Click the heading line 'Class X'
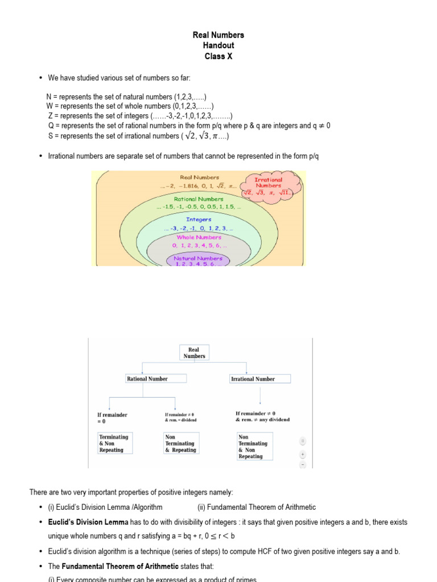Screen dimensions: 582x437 point(218,56)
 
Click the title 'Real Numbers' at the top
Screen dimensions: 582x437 point(218,35)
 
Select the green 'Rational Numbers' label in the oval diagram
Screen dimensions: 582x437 point(199,199)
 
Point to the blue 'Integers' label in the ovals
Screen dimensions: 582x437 point(199,219)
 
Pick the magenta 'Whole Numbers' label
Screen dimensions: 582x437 point(199,238)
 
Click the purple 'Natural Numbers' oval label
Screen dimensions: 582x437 point(198,259)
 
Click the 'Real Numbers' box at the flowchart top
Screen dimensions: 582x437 point(194,353)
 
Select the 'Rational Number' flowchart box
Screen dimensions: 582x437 point(147,379)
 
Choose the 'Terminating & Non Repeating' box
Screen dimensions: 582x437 point(115,443)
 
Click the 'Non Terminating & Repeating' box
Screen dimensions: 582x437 point(180,443)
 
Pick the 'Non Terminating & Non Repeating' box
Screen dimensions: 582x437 point(254,446)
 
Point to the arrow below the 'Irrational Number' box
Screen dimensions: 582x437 point(260,395)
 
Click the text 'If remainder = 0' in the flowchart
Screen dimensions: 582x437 point(112,418)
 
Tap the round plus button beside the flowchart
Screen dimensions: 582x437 point(303,454)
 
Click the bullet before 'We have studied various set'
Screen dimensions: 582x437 point(40,77)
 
